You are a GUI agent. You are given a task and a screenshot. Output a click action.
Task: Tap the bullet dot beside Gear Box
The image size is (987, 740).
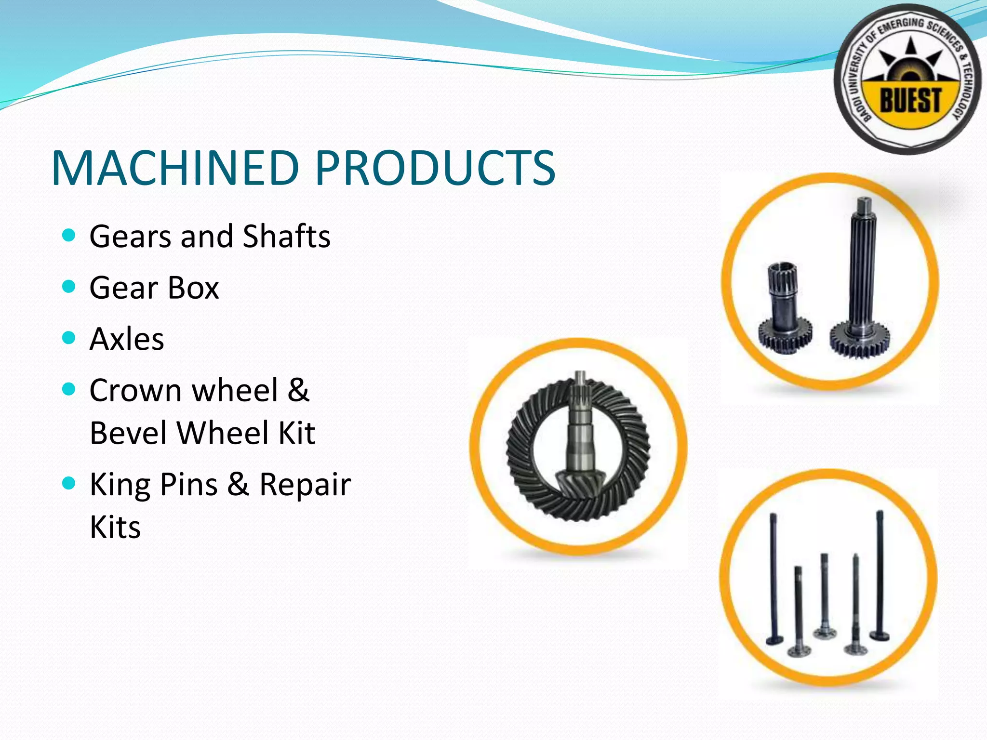(x=69, y=287)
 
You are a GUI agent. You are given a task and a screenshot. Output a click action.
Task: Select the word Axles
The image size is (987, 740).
(x=127, y=339)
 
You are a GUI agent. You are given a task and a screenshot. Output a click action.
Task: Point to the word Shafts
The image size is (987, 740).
(x=287, y=237)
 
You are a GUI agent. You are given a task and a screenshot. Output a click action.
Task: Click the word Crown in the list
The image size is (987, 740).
(x=135, y=390)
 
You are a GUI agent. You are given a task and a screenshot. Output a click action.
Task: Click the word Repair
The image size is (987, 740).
(x=305, y=485)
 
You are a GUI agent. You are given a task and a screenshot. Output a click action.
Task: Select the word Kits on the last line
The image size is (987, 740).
(x=115, y=527)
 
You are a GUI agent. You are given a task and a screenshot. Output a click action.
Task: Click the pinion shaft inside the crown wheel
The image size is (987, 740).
(x=579, y=434)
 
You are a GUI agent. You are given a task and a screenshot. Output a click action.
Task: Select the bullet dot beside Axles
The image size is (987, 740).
(x=69, y=338)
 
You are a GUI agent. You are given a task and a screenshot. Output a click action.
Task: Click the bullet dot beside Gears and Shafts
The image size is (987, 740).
(x=69, y=236)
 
